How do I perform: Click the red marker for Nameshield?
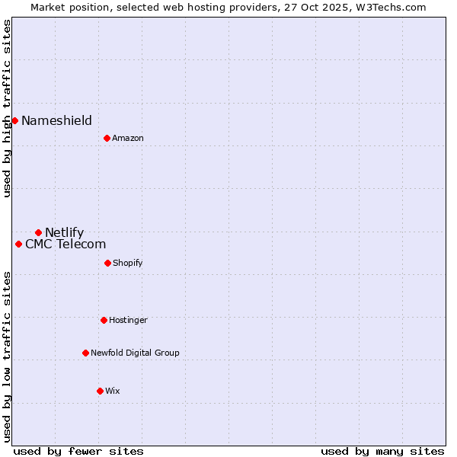(x=14, y=120)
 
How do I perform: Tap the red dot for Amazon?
(x=107, y=138)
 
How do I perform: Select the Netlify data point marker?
(x=38, y=232)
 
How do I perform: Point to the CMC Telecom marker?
(x=18, y=244)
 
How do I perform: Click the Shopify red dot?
(x=107, y=263)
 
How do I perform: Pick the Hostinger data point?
(x=104, y=320)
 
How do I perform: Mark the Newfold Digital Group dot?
(x=85, y=353)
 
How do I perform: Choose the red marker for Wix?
(x=100, y=391)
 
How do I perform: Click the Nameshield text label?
(x=56, y=120)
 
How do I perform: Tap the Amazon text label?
(x=127, y=138)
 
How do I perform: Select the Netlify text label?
(x=64, y=232)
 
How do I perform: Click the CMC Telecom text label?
(x=66, y=244)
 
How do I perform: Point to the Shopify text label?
(x=127, y=263)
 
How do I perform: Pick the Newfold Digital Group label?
(x=135, y=353)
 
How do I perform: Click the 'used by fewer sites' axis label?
(x=78, y=451)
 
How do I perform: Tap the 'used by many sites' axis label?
(x=382, y=451)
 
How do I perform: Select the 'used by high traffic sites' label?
(x=7, y=108)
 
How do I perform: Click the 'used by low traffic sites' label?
(x=7, y=356)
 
